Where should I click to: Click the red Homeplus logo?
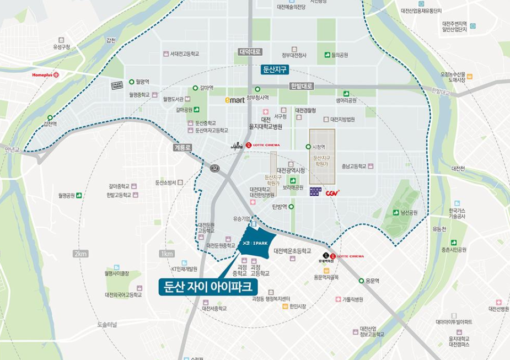[x=45, y=74]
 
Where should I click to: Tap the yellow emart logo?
[x=234, y=100]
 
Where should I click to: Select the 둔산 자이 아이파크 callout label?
[x=208, y=287]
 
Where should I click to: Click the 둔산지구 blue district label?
[x=275, y=70]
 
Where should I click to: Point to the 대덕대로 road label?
[x=250, y=52]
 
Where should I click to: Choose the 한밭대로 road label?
[x=302, y=86]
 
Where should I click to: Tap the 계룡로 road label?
[x=181, y=148]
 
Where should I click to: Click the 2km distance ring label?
[x=80, y=254]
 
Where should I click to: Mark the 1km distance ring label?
[x=167, y=254]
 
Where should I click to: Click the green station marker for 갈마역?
[x=195, y=88]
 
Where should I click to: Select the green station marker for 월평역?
[x=131, y=82]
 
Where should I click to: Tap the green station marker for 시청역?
[x=308, y=147]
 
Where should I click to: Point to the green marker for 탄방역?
[x=292, y=207]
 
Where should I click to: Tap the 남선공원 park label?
[x=409, y=212]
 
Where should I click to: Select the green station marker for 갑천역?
[x=50, y=117]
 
